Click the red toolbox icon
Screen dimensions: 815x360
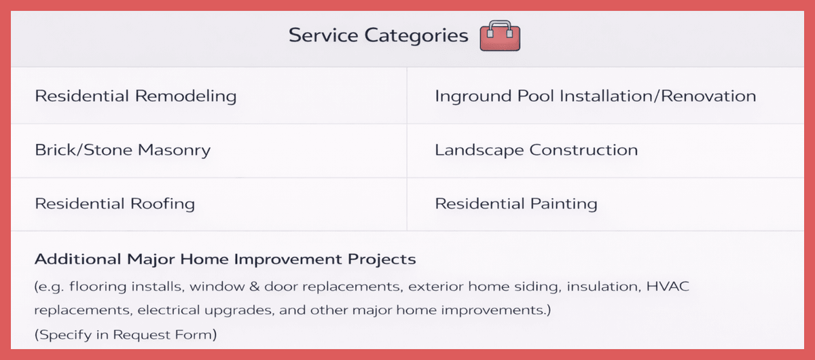[500, 36]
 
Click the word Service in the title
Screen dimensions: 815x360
[323, 35]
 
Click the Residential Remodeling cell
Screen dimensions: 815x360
[209, 96]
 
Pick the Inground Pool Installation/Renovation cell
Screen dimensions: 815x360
[605, 96]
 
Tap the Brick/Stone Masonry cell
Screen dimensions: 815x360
[209, 151]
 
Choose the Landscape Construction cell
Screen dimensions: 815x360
[605, 151]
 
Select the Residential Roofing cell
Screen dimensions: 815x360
[209, 204]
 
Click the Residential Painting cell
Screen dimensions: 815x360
[605, 204]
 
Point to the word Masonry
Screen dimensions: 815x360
[175, 151]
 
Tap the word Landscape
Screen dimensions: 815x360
[479, 151]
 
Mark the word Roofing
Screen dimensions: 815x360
[162, 204]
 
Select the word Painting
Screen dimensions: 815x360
[564, 204]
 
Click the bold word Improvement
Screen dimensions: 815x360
[287, 259]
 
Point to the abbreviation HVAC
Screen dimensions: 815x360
[668, 287]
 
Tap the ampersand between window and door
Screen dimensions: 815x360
[254, 287]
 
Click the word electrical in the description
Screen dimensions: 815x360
[168, 310]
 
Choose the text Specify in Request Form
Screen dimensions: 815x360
[126, 334]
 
